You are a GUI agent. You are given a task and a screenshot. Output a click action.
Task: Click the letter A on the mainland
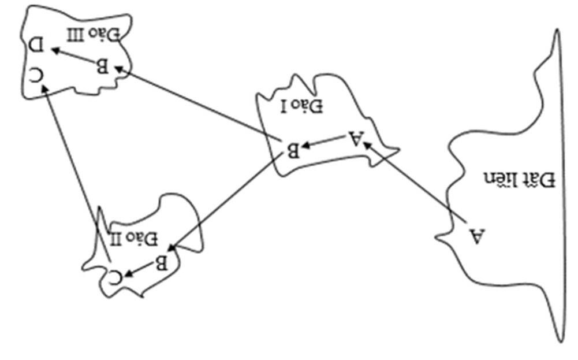477,236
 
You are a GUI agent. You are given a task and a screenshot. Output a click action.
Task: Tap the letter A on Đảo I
356,139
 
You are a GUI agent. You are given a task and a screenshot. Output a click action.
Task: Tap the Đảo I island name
303,106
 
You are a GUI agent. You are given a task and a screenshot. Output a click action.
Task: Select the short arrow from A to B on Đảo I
324,143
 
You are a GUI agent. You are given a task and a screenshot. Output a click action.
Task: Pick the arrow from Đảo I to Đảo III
196,103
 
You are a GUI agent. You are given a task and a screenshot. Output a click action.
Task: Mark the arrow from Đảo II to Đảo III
72,156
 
